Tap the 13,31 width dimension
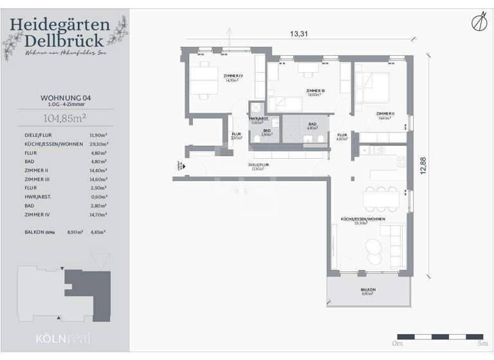tap(299, 34)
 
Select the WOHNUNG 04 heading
tap(65, 98)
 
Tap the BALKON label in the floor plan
tap(368, 290)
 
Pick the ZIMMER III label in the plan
tap(315, 91)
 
